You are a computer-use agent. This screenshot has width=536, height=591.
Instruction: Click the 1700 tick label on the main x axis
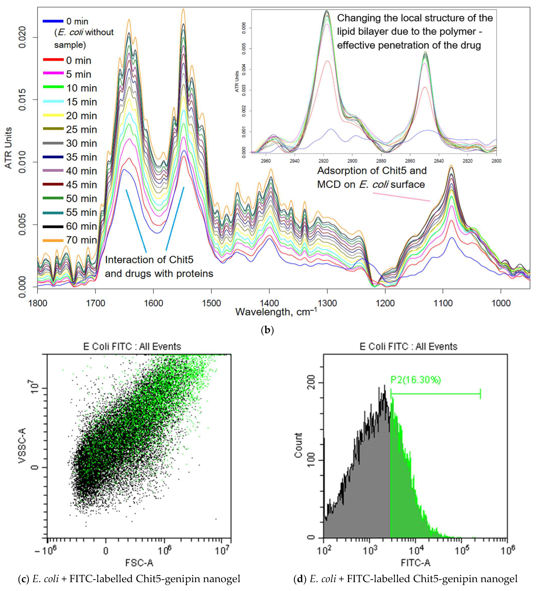pos(96,303)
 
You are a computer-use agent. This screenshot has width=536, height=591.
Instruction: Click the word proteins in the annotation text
pos(194,274)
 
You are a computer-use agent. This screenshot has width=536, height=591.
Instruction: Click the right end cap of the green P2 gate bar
pos(480,394)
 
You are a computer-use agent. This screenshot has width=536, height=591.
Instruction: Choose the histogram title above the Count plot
pos(408,347)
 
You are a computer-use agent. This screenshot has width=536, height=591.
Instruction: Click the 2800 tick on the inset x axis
pos(496,161)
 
